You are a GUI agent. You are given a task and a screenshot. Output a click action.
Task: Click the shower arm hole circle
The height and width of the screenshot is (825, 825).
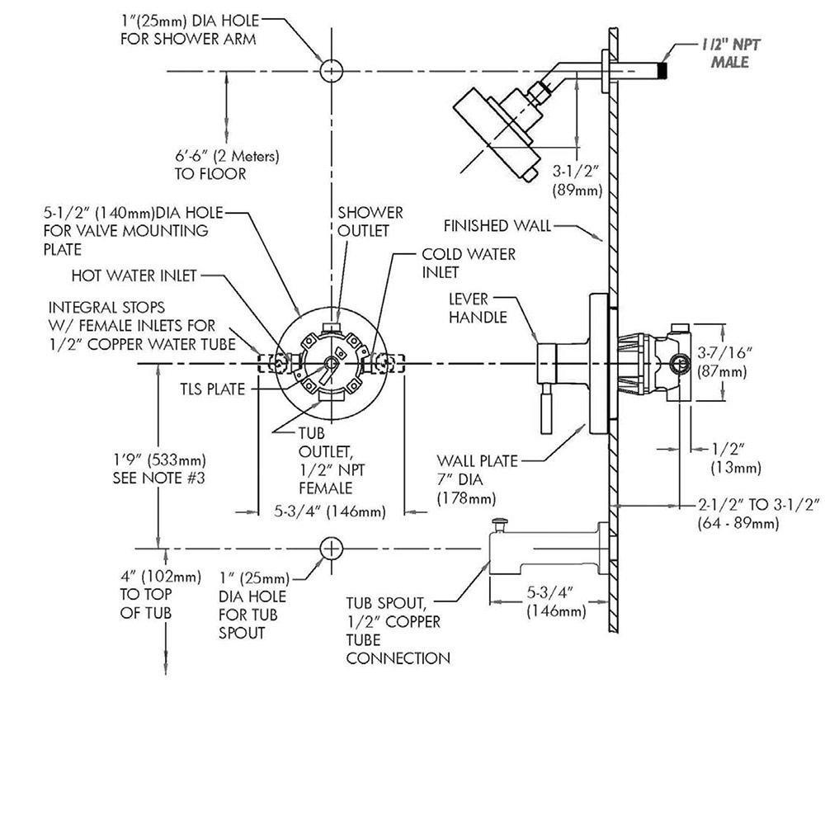click(330, 71)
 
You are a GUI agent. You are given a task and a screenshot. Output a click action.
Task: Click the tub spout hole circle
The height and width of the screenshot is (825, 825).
click(330, 548)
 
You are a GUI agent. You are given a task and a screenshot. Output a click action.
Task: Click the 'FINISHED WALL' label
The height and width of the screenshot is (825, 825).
click(497, 225)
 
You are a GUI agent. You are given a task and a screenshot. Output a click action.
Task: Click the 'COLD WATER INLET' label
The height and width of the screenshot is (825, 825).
click(469, 263)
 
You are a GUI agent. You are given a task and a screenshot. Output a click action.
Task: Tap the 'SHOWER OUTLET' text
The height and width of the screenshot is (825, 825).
click(370, 222)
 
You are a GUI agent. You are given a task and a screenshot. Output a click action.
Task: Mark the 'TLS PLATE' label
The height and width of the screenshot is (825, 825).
click(213, 388)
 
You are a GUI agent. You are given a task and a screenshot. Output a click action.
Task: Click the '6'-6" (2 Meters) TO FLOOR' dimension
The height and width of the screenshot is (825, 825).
click(226, 164)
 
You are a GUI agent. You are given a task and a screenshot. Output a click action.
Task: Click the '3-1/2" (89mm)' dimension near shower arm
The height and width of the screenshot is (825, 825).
click(577, 181)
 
